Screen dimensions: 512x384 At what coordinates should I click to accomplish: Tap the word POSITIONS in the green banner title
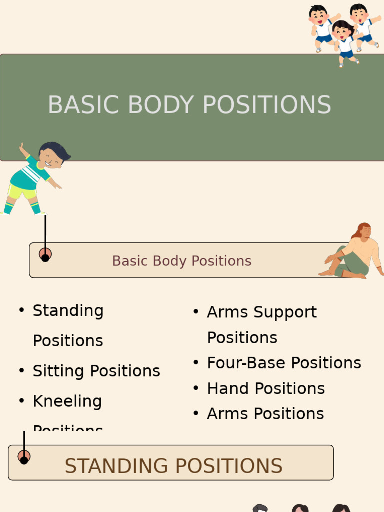[x=267, y=105]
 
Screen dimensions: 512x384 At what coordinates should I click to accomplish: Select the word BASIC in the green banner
[x=85, y=105]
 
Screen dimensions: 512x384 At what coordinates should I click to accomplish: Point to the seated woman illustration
[x=353, y=252]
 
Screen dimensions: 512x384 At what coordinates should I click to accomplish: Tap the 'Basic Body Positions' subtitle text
[x=181, y=261]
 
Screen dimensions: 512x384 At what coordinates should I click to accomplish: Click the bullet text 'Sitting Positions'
[x=96, y=371]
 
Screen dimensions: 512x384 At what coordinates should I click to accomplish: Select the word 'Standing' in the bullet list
[x=68, y=310]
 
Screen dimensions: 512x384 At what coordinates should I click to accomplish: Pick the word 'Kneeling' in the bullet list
[x=67, y=401]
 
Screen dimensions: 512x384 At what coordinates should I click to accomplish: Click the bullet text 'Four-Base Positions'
[x=284, y=363]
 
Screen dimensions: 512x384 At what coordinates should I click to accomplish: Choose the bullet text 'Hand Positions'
[x=266, y=388]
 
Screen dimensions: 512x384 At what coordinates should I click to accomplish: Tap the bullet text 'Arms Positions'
[x=265, y=414]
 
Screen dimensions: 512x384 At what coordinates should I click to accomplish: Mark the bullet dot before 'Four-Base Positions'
[x=196, y=363]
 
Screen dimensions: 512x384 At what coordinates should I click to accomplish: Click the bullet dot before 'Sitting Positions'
[x=21, y=371]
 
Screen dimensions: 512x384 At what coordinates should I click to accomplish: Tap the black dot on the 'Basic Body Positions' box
[x=45, y=258]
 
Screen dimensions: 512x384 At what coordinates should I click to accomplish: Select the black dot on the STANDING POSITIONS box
[x=24, y=460]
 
